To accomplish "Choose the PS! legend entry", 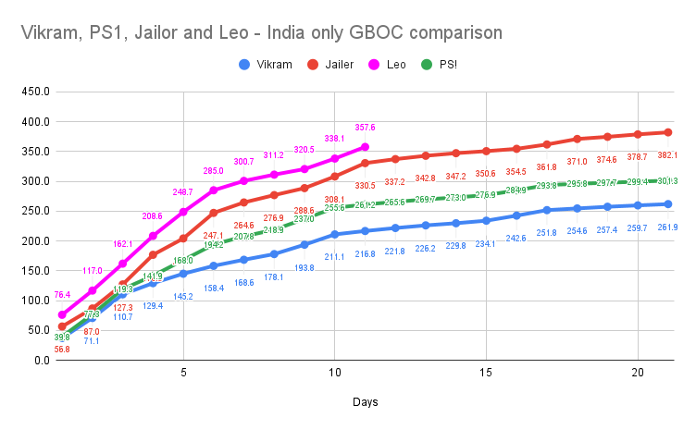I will point(470,65).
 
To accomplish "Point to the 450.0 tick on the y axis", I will point(34,92).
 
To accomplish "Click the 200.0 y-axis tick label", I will point(34,240).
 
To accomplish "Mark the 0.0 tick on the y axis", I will point(40,360).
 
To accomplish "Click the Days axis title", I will point(365,403).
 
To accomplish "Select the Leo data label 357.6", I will point(365,128).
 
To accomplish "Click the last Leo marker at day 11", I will point(365,147).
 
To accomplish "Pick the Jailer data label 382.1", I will point(667,155).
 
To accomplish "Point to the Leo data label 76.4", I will point(62,295).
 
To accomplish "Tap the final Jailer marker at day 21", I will point(667,132).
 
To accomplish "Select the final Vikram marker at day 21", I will point(667,204).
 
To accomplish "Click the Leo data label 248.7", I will point(183,192).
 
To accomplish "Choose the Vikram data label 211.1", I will point(334,256).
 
